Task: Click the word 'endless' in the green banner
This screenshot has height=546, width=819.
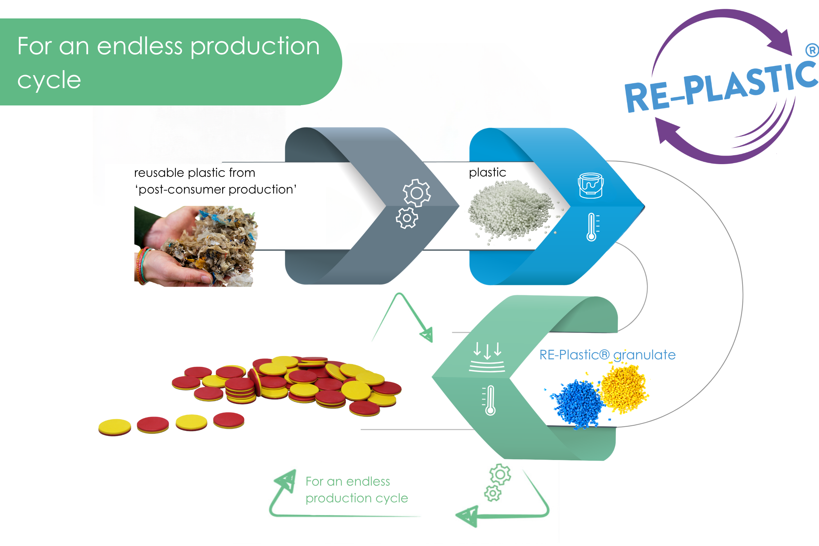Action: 140,46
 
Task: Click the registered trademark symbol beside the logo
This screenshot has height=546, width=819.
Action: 812,50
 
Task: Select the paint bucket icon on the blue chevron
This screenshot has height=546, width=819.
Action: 591,186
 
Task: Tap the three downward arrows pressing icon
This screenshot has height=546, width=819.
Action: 487,357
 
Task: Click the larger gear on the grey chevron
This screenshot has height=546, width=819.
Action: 417,193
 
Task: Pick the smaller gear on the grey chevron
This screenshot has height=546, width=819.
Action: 407,218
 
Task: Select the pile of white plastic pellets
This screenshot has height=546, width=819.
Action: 512,211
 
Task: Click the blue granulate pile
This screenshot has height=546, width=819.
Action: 576,404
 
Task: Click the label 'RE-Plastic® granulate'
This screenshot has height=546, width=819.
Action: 607,355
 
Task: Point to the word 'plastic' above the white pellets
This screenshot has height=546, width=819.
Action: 488,173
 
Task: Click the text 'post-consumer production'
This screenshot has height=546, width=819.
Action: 216,189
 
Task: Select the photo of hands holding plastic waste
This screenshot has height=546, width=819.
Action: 196,246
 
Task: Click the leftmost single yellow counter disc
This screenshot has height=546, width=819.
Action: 115,427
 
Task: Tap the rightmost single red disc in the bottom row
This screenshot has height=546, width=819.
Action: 229,420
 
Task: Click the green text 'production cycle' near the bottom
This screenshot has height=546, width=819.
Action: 357,499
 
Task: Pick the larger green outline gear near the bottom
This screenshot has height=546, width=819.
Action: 500,474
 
